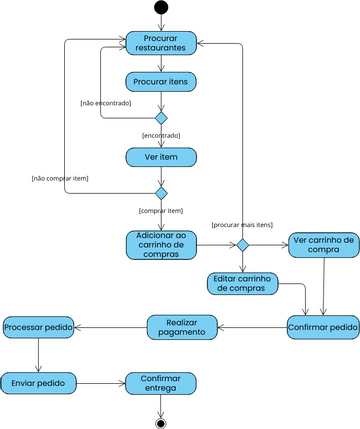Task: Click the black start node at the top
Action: (161, 8)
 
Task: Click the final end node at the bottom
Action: (161, 422)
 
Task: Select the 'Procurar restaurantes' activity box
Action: (161, 43)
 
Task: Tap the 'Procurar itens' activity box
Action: (161, 81)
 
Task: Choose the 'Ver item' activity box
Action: (161, 157)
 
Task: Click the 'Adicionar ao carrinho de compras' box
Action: (161, 245)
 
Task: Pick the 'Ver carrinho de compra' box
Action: (323, 245)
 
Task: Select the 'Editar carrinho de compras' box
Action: (242, 283)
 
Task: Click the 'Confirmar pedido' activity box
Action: (323, 327)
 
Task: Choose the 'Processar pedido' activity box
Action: (38, 327)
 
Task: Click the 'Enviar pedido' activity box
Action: (38, 382)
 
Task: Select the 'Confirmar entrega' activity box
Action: (161, 382)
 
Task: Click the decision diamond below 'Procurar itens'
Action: (161, 118)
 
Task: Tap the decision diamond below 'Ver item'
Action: (161, 193)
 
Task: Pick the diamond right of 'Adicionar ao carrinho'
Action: (241, 245)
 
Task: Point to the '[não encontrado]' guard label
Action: (106, 103)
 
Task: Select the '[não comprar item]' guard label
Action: (60, 178)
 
